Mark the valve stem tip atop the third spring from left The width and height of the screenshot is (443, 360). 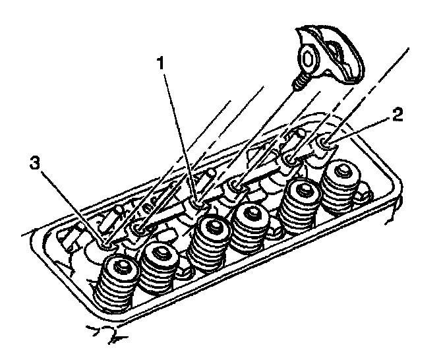[213, 225]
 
